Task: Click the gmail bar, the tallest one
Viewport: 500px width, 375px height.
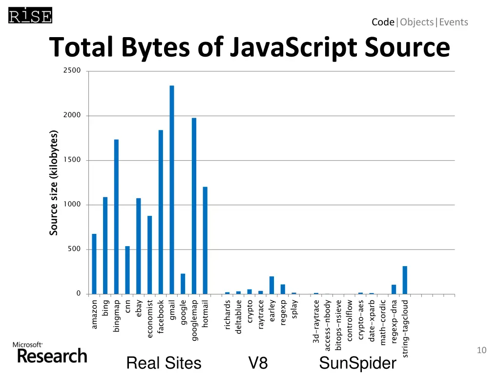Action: point(172,190)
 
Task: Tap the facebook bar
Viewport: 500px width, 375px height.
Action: point(161,212)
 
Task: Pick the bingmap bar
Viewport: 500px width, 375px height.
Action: point(116,217)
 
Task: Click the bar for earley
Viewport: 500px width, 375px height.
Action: point(271,285)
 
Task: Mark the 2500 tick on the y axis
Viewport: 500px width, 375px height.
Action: point(72,71)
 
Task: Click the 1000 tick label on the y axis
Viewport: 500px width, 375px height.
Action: point(72,205)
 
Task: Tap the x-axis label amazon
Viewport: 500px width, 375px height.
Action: point(94,314)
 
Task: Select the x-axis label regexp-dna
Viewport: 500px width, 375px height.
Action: point(394,322)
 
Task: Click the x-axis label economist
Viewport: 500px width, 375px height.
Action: point(150,319)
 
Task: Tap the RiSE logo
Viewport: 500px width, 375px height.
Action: point(30,16)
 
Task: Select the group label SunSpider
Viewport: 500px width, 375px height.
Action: point(357,363)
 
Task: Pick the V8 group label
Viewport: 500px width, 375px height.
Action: point(258,363)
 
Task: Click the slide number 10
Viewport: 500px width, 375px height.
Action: point(481,350)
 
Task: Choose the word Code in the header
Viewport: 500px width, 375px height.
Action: point(383,22)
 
